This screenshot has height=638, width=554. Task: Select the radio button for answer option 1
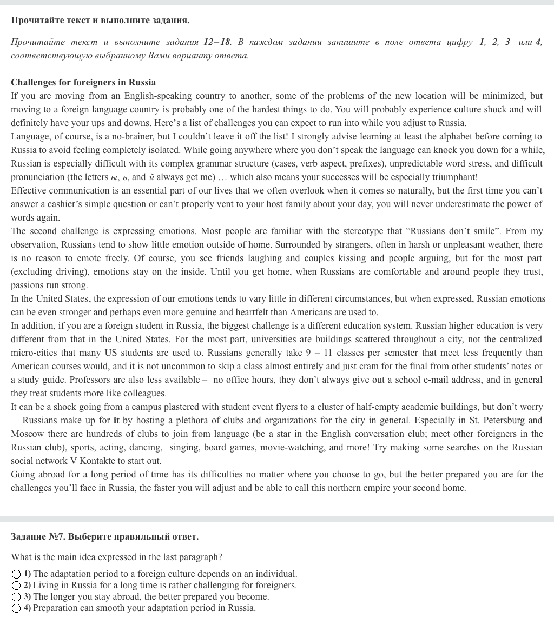pos(16,574)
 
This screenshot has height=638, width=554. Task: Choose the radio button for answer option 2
pos(16,586)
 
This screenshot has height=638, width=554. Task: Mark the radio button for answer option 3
pos(16,597)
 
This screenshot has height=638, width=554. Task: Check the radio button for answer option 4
pos(16,608)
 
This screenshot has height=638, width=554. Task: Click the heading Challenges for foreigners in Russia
pos(83,83)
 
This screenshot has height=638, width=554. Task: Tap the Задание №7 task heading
pos(104,537)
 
